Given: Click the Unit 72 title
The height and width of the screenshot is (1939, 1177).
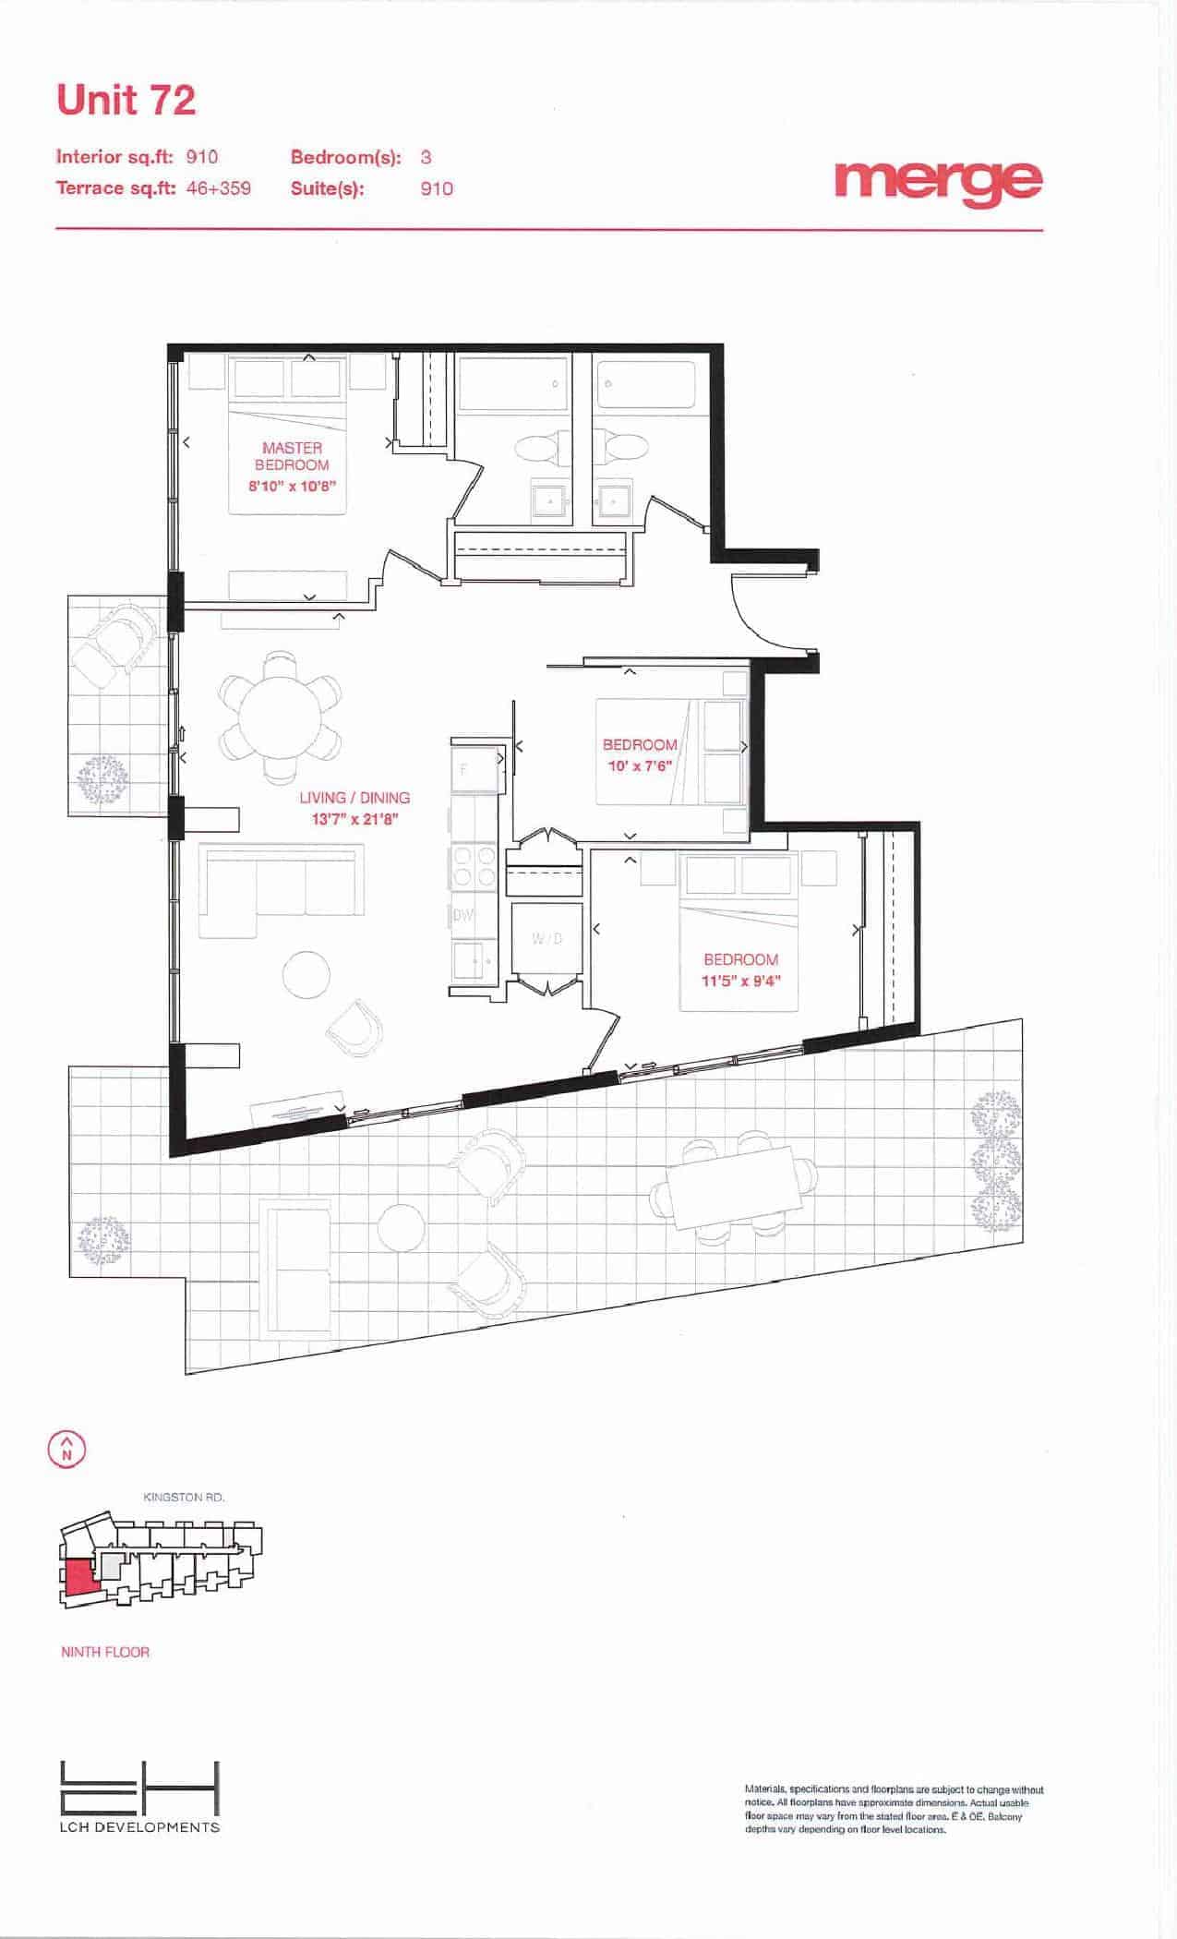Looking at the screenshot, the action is [126, 101].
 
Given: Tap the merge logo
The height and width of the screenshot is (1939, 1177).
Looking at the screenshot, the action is [938, 182].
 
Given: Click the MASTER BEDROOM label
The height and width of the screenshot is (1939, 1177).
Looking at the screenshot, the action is [292, 456].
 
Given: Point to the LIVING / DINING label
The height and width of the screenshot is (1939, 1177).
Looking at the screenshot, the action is [354, 798].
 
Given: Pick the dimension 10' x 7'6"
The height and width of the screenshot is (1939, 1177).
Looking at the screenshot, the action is [638, 766].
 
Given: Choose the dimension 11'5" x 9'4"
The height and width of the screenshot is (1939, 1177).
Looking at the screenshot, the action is [741, 981].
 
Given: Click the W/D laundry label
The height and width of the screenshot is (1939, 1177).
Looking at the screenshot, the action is [546, 939].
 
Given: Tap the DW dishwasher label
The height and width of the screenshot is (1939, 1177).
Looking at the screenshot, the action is [462, 916].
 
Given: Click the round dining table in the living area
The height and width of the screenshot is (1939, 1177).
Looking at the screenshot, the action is [280, 718].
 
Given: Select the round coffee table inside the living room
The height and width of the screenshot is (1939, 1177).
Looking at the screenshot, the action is [306, 974].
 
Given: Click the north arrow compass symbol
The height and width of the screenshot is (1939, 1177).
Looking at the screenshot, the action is [66, 1449].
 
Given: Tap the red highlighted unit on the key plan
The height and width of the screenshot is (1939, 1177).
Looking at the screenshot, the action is [79, 1580].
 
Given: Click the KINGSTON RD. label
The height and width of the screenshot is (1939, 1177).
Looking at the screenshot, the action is [185, 1497].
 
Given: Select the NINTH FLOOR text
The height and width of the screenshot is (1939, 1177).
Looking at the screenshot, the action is [105, 1652].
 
